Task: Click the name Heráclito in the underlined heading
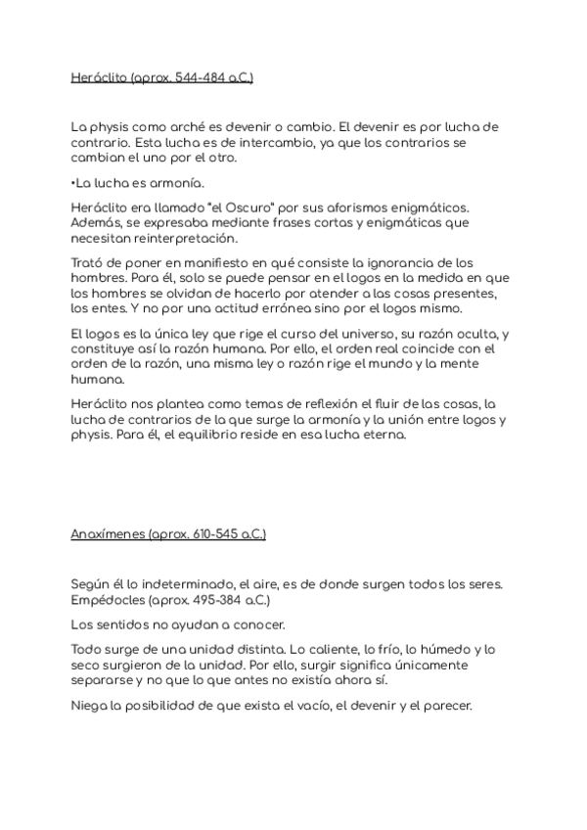pos(99,78)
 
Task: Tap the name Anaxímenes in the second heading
pos(108,534)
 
